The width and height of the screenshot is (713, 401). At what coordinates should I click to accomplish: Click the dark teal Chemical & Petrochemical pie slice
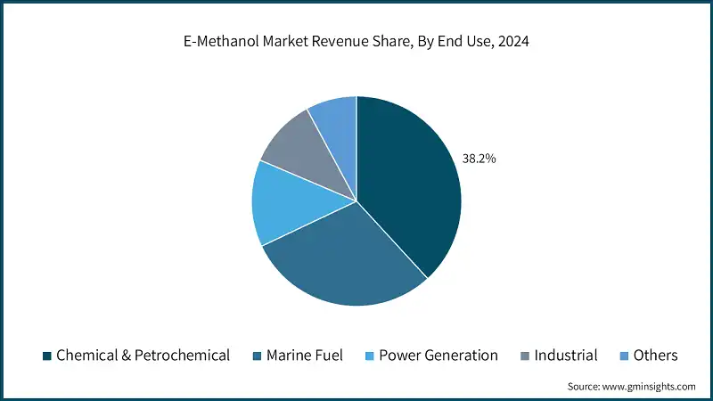coord(410,187)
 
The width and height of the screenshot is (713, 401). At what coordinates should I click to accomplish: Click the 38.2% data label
coord(479,159)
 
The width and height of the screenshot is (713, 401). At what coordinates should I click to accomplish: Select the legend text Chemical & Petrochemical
coord(143,356)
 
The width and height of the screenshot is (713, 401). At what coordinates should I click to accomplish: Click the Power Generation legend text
coord(438,356)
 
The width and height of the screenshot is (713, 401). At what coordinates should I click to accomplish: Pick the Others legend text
coord(655,356)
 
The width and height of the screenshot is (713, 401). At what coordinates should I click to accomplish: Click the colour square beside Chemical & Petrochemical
coord(45,356)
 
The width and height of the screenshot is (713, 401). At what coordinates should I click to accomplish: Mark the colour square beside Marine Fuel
coord(258,356)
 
